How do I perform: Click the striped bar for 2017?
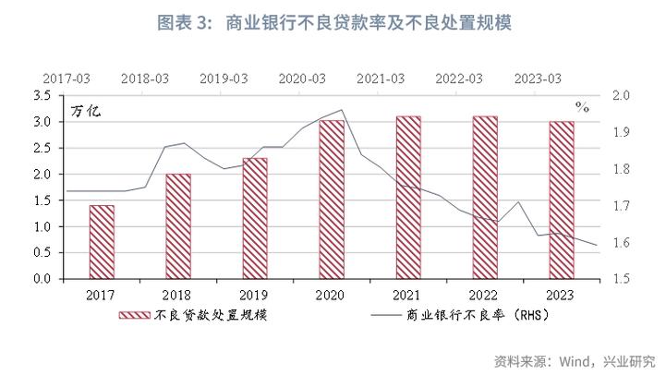pyautogui.click(x=102, y=242)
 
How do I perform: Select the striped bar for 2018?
pyautogui.click(x=178, y=226)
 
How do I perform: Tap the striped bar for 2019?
pyautogui.click(x=255, y=218)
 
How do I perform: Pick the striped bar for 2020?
pyautogui.click(x=332, y=200)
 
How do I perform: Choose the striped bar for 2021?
pyautogui.click(x=408, y=198)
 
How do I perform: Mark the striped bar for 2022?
pyautogui.click(x=485, y=198)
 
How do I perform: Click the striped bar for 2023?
pyautogui.click(x=562, y=200)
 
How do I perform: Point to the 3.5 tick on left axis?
pyautogui.click(x=42, y=95)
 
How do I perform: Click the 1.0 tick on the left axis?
pyautogui.click(x=42, y=227)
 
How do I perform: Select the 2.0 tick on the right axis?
pyautogui.click(x=622, y=95)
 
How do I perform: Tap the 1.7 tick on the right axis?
pyautogui.click(x=622, y=206)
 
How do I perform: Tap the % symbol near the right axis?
pyautogui.click(x=582, y=107)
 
